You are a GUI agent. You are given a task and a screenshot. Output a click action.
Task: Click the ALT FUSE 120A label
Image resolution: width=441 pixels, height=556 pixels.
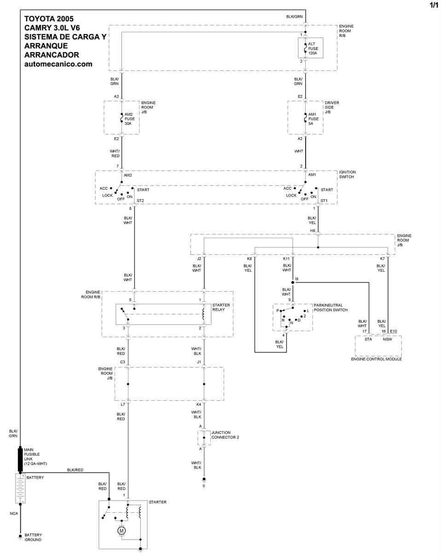[313, 48]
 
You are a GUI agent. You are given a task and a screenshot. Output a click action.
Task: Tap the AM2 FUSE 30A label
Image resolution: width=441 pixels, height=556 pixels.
[130, 119]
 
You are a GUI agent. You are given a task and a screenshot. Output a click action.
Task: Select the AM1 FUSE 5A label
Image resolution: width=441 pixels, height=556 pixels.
[313, 119]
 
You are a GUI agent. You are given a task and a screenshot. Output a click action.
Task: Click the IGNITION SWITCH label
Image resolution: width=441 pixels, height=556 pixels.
[347, 175]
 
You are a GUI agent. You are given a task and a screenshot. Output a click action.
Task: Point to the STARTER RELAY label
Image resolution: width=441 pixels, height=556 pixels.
[221, 307]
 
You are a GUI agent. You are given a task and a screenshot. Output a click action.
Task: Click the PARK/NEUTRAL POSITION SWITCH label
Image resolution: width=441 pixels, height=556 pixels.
[331, 307]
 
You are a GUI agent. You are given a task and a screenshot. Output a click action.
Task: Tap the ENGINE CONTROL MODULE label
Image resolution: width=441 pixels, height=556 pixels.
[376, 359]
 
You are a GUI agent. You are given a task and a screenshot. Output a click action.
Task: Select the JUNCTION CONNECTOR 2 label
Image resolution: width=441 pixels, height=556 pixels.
[225, 435]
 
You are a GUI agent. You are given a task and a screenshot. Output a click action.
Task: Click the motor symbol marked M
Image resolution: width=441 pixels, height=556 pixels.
[122, 531]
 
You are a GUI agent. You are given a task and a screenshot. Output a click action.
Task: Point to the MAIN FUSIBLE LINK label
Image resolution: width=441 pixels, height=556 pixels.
[35, 457]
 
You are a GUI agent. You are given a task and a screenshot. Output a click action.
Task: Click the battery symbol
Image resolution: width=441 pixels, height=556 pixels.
[20, 488]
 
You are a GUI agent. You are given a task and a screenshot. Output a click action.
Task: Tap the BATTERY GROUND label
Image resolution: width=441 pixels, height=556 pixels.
[33, 538]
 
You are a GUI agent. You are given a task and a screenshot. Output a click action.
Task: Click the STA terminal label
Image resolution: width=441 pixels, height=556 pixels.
[368, 339]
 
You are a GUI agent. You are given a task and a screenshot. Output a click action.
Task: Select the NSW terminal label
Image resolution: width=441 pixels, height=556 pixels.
[387, 339]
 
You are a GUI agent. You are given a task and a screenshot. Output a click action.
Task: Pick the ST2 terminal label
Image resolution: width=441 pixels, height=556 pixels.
[140, 200]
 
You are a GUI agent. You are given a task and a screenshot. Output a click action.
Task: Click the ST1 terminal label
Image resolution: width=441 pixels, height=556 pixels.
[324, 200]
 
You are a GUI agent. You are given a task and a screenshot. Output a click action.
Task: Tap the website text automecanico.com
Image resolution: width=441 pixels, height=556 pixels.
[58, 64]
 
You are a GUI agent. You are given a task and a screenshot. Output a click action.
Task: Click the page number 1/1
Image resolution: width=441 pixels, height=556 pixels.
[434, 5]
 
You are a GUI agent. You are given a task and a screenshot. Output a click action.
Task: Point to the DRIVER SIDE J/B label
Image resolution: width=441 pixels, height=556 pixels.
[332, 107]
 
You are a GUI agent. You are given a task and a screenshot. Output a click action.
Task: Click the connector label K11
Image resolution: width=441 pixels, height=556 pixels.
[286, 258]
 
